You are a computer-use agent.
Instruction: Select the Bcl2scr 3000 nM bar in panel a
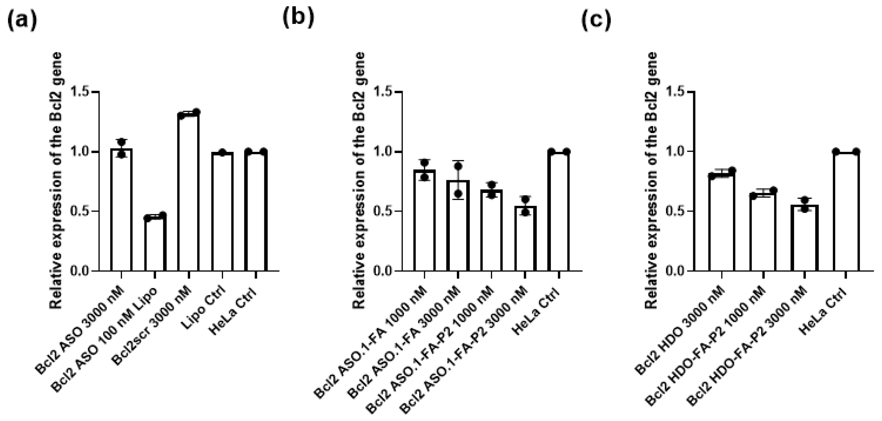click(x=188, y=192)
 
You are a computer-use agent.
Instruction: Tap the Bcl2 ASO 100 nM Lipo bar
click(x=155, y=244)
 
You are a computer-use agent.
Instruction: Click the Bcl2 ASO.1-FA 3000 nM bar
click(x=458, y=226)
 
